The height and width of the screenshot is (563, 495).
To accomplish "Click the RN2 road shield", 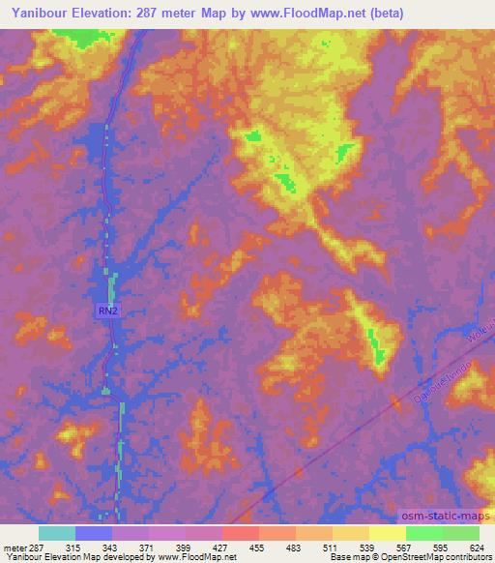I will click(108, 311).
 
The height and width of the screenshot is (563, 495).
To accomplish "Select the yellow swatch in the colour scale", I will click(387, 533).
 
